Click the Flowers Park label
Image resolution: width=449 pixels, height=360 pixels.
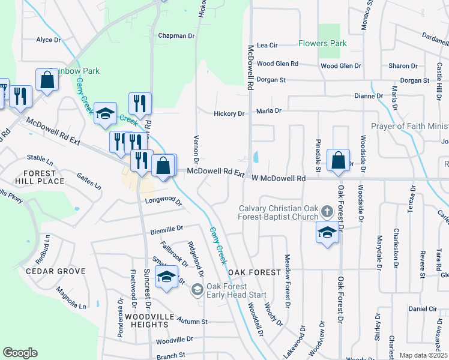pyautogui.click(x=322, y=44)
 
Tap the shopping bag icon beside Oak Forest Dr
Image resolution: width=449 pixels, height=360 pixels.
pyautogui.click(x=339, y=161)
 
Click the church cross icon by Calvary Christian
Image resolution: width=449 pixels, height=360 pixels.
pyautogui.click(x=327, y=211)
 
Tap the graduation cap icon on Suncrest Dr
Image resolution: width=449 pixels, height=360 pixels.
pyautogui.click(x=166, y=277)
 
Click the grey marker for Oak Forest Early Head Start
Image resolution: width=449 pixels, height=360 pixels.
pyautogui.click(x=196, y=290)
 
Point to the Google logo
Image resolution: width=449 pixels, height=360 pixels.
pyautogui.click(x=20, y=352)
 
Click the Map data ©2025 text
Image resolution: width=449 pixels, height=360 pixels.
pyautogui.click(x=423, y=355)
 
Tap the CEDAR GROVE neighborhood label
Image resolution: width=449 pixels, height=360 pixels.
pyautogui.click(x=53, y=271)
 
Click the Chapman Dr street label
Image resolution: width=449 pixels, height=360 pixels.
pyautogui.click(x=176, y=36)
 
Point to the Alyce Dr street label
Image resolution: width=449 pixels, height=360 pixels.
pyautogui.click(x=49, y=40)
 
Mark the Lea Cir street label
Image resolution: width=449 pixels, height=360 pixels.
pyautogui.click(x=267, y=45)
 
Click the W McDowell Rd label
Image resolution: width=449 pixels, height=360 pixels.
pyautogui.click(x=279, y=178)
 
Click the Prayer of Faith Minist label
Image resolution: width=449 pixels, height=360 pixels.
pyautogui.click(x=409, y=126)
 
